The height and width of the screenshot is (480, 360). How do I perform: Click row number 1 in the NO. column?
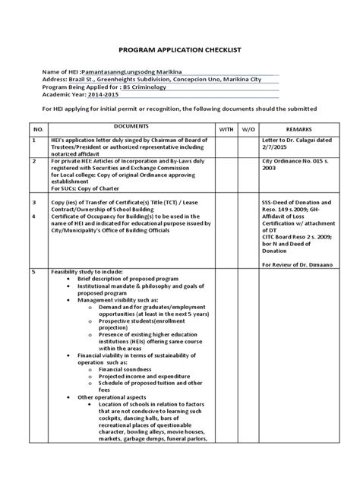(x=33, y=141)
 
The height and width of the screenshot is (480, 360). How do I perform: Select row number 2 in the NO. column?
(x=33, y=163)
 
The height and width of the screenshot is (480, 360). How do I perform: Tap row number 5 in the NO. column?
(x=33, y=270)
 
